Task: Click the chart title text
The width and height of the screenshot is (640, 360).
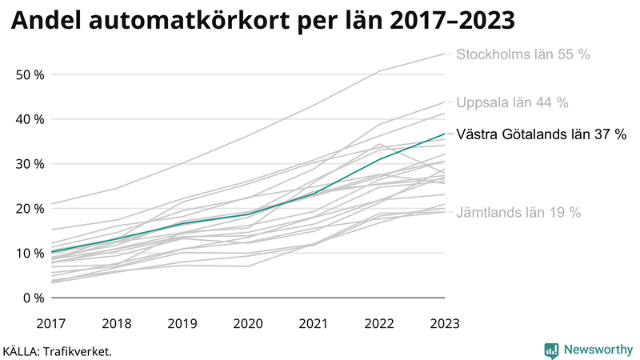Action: tap(262, 22)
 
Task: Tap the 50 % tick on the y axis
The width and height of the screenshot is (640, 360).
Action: tap(29, 74)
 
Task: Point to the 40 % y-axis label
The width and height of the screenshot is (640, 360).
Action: tap(29, 119)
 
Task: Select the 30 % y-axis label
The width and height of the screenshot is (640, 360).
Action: tap(29, 164)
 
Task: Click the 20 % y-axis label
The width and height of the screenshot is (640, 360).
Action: tap(29, 209)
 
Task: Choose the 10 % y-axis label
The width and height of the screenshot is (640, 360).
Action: tap(29, 254)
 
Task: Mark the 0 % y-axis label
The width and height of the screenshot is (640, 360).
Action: tap(33, 298)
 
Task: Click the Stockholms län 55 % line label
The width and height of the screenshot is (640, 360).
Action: tap(522, 54)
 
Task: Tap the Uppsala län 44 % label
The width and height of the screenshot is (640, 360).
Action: tap(512, 102)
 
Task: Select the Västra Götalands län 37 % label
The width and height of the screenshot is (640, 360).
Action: tap(541, 134)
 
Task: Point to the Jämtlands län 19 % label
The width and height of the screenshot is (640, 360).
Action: tap(518, 213)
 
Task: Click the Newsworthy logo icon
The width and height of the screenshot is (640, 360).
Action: tap(551, 350)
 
